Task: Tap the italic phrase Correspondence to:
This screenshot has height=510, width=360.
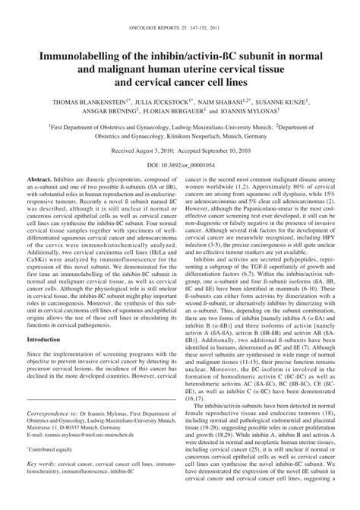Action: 71,436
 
